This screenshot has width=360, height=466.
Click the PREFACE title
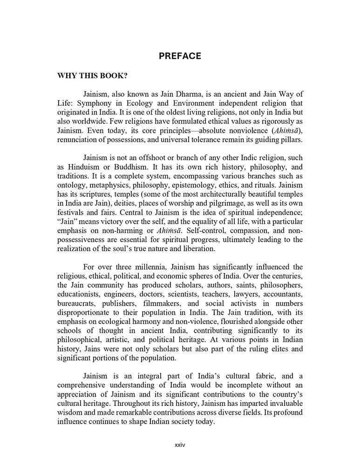(180, 56)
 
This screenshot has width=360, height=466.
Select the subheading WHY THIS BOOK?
(92, 76)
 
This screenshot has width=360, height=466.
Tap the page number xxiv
(180, 445)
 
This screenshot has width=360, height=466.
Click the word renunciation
(78, 139)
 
